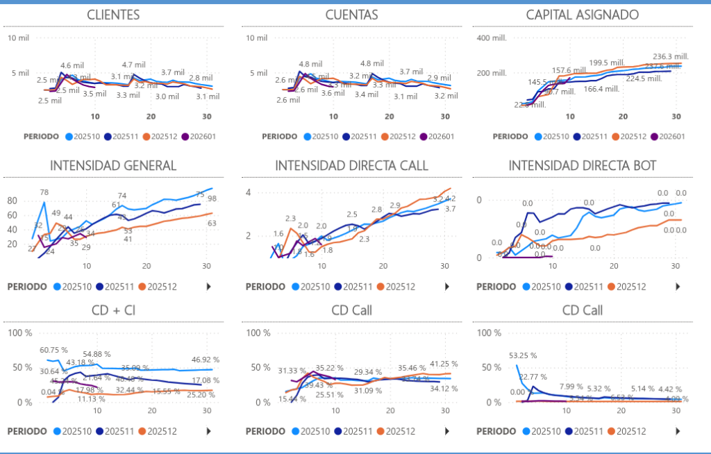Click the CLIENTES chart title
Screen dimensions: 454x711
pos(113,15)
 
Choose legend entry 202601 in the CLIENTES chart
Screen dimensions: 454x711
pos(196,136)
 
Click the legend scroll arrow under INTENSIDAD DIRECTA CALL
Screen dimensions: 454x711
pos(446,287)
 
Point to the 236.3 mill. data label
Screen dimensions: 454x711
pos(670,57)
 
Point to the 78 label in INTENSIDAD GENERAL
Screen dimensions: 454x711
pos(44,192)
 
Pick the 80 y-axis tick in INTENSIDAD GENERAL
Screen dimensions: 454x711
pos(12,200)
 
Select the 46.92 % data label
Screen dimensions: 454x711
pos(206,360)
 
